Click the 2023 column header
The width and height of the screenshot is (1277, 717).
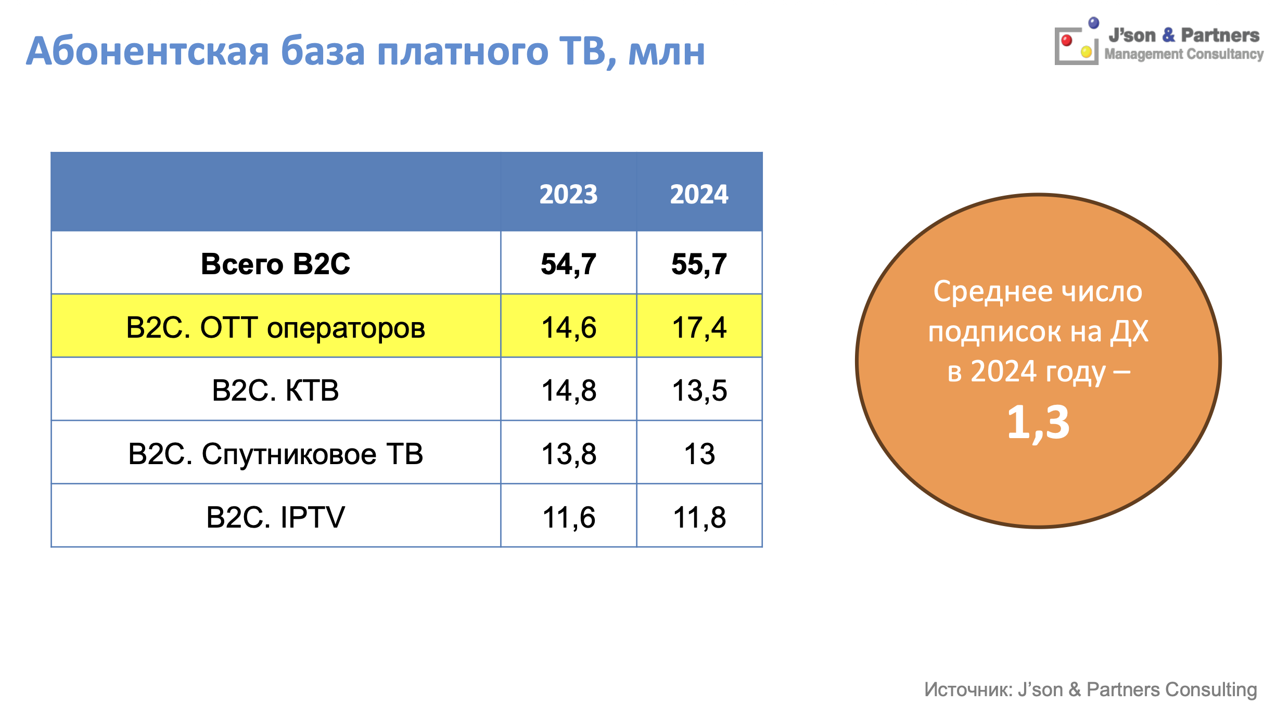coord(568,194)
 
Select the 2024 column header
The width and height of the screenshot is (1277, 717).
coord(699,194)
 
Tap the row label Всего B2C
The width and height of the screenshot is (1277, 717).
coord(275,264)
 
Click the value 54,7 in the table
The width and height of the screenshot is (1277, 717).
coord(568,264)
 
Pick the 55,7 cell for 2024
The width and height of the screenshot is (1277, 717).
coord(699,264)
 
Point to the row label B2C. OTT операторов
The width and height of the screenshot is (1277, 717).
coord(275,328)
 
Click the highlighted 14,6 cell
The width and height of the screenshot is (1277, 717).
coord(568,328)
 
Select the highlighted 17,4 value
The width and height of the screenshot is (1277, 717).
coord(699,328)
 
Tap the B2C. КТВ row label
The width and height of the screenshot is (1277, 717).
coord(275,390)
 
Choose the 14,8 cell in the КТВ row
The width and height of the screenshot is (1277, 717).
coord(568,391)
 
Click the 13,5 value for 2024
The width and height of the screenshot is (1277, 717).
coord(699,391)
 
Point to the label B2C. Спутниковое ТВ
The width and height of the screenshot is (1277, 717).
coord(275,454)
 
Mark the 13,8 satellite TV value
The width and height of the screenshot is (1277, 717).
coord(568,454)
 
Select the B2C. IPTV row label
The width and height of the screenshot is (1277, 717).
coord(275,517)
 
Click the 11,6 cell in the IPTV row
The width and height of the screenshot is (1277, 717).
coord(568,518)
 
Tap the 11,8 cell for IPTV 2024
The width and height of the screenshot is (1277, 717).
coord(699,518)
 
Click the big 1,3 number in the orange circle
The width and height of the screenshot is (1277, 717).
coord(1038,422)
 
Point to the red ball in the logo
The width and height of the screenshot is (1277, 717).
coord(1067,40)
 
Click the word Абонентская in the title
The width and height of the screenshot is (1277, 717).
coord(147,52)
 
